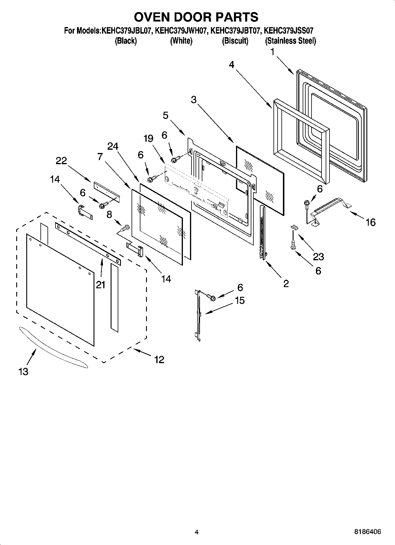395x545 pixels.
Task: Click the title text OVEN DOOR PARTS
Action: tap(196, 17)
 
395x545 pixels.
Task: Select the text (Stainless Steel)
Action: tap(291, 41)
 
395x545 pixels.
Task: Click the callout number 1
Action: tap(272, 52)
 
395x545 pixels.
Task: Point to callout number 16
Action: tap(371, 222)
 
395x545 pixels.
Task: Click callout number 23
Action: tap(318, 257)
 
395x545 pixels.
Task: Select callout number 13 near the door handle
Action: tap(23, 372)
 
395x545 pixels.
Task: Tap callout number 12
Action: tap(159, 360)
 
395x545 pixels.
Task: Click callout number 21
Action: tap(101, 285)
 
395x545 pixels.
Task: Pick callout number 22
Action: tap(61, 161)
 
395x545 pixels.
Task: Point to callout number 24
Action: tap(113, 146)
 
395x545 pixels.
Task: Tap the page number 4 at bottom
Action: tap(197, 532)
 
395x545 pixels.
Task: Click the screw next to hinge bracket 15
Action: tap(212, 297)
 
